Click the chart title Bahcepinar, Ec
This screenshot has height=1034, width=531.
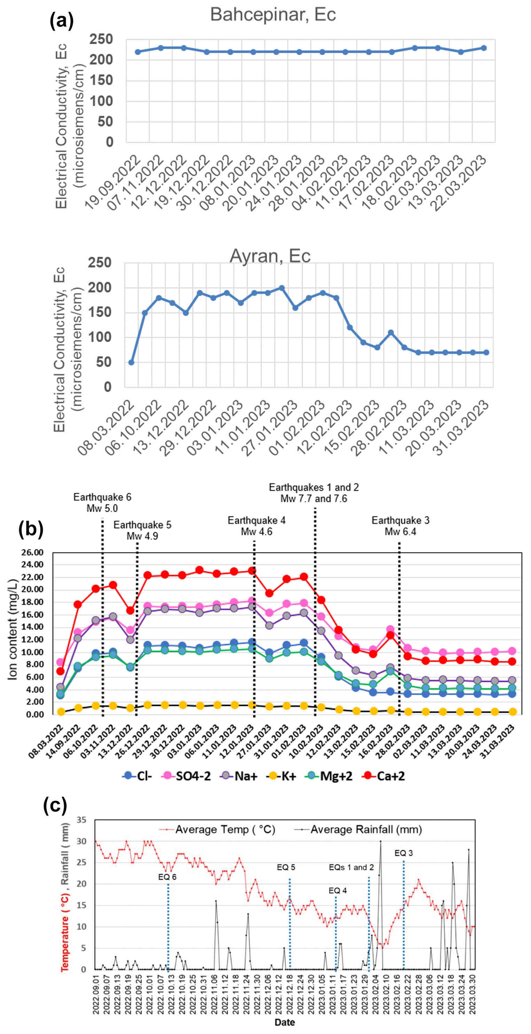click(273, 15)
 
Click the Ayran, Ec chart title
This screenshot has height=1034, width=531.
click(270, 256)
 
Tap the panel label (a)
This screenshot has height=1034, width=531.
click(61, 20)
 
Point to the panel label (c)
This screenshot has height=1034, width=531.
click(55, 805)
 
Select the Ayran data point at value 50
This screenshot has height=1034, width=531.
click(131, 363)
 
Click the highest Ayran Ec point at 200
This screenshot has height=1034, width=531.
click(282, 288)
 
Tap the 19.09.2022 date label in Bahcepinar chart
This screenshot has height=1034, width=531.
click(114, 182)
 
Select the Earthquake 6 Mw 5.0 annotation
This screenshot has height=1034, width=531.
click(102, 502)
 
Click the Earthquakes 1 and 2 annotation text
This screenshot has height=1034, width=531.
click(314, 493)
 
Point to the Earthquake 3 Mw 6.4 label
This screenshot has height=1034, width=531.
click(400, 526)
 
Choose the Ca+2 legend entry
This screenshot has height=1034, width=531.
click(384, 776)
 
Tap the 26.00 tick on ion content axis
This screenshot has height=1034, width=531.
click(32, 553)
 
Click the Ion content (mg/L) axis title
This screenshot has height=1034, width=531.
click(13, 629)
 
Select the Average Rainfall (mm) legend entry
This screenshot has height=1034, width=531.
click(359, 830)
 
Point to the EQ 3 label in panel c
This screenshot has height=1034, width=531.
click(403, 853)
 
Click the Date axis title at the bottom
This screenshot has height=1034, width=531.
click(284, 1023)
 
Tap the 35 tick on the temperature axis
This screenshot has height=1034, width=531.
click(81, 820)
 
